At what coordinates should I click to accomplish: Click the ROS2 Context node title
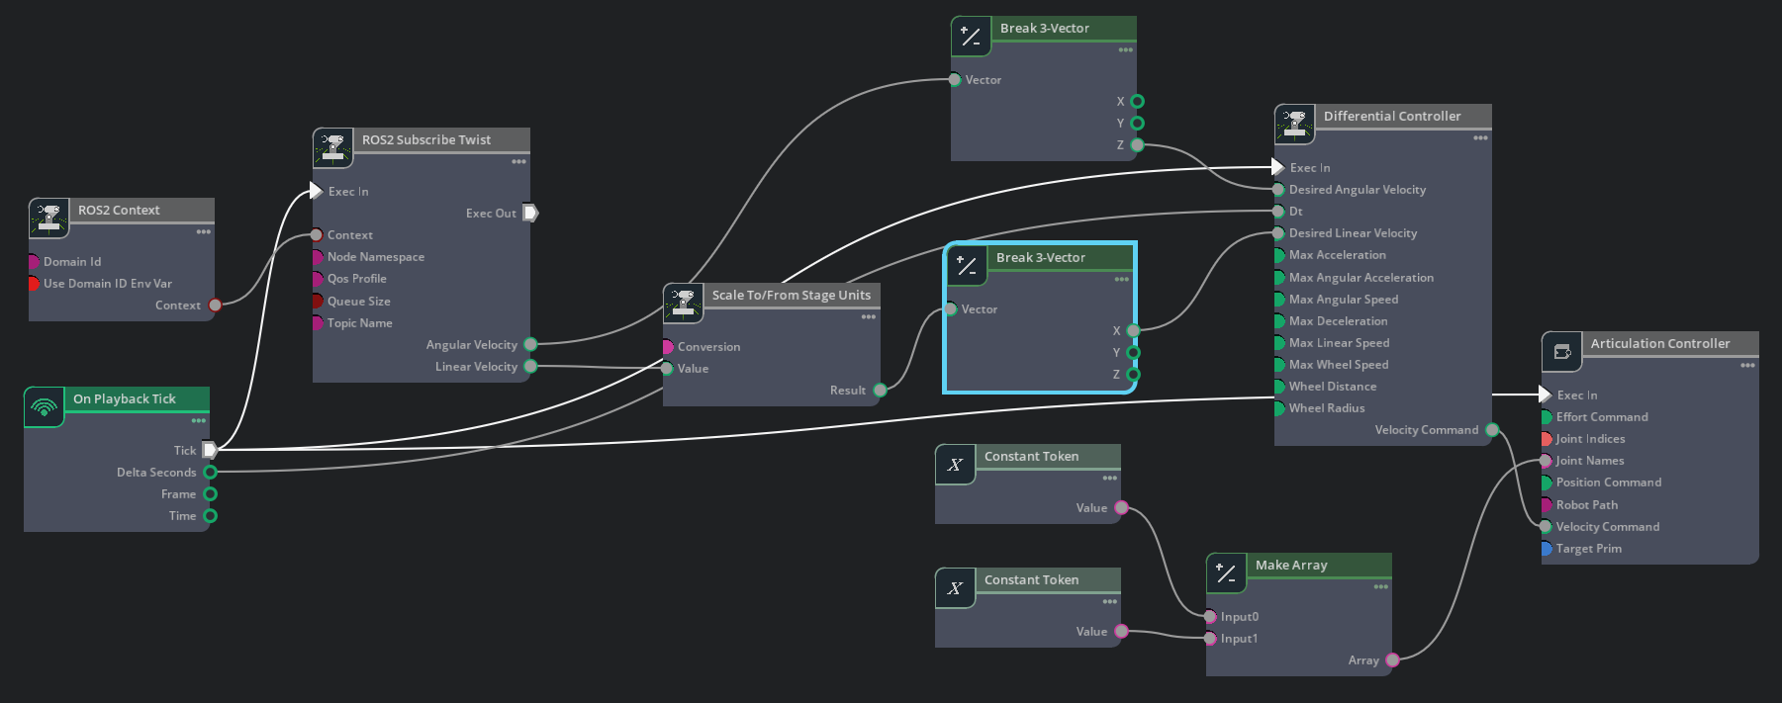pyautogui.click(x=119, y=211)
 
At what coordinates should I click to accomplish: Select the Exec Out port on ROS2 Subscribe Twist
pyautogui.click(x=530, y=213)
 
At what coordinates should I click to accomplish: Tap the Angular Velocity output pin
pyautogui.click(x=530, y=345)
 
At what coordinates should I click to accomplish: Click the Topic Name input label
pyautogui.click(x=359, y=323)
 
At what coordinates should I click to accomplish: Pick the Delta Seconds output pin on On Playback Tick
pyautogui.click(x=210, y=473)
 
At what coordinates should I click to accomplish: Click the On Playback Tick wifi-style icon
pyautogui.click(x=45, y=407)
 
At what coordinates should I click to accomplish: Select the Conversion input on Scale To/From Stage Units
pyautogui.click(x=668, y=347)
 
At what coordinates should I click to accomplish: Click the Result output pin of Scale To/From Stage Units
pyautogui.click(x=880, y=391)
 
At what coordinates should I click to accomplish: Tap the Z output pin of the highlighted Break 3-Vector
pyautogui.click(x=1134, y=375)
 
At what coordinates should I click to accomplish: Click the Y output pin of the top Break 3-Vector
pyautogui.click(x=1137, y=124)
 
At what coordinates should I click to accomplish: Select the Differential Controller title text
pyautogui.click(x=1391, y=117)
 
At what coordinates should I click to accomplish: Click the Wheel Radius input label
pyautogui.click(x=1326, y=408)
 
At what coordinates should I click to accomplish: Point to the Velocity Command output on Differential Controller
pyautogui.click(x=1492, y=430)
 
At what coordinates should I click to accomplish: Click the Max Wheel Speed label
pyautogui.click(x=1338, y=365)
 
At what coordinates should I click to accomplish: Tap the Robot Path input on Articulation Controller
pyautogui.click(x=1546, y=505)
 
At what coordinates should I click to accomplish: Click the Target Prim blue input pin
pyautogui.click(x=1546, y=549)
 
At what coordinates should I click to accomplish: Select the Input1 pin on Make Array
pyautogui.click(x=1210, y=639)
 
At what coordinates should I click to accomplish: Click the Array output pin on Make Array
pyautogui.click(x=1392, y=660)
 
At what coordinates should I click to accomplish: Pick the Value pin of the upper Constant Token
pyautogui.click(x=1121, y=508)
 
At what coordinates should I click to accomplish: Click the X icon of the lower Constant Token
pyautogui.click(x=955, y=588)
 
